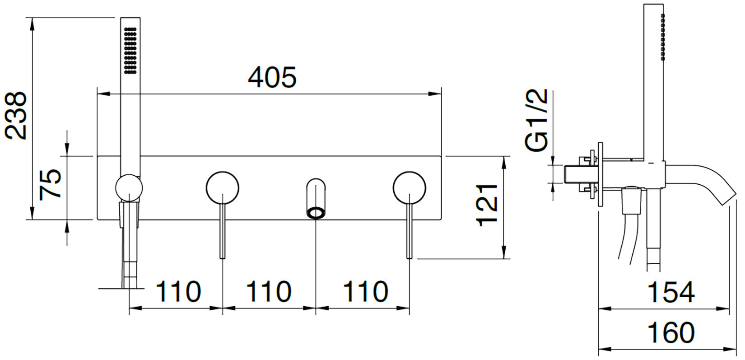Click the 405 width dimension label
point(272,77)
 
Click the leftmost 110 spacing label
point(178,291)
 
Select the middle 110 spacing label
point(268,291)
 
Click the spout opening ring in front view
point(316,213)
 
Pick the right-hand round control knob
point(409,187)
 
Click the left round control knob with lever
point(222,187)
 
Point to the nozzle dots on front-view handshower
point(130,50)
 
